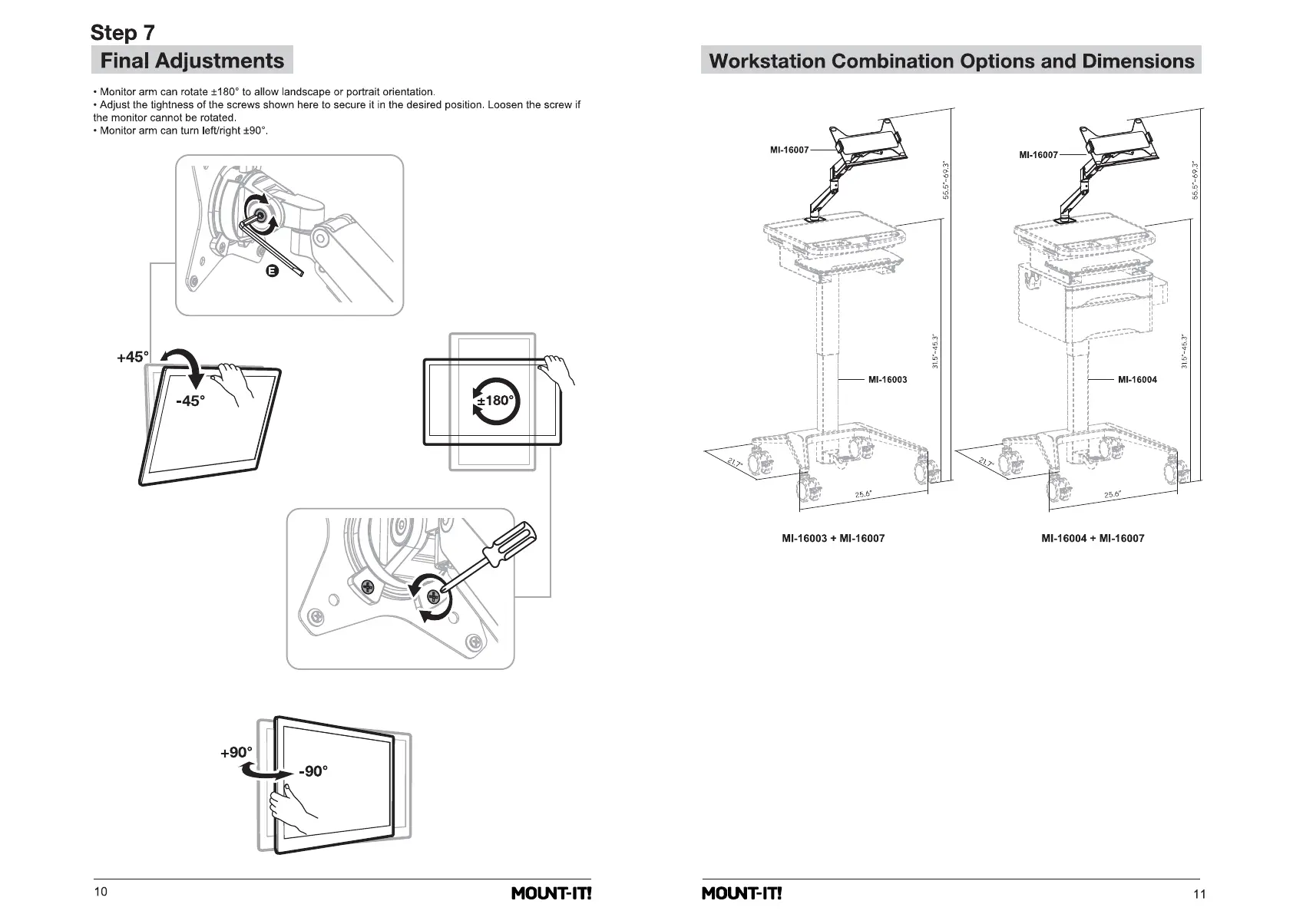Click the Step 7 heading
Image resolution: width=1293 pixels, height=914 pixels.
tap(122, 32)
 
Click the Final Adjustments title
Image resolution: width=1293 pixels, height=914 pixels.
tap(192, 61)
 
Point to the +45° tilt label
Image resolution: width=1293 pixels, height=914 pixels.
tap(132, 357)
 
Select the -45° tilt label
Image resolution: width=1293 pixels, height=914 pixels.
tap(190, 401)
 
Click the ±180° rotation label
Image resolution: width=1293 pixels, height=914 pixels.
tap(495, 401)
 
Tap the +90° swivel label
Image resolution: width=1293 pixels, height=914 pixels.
tap(236, 753)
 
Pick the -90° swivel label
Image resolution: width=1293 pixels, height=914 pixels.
tap(313, 771)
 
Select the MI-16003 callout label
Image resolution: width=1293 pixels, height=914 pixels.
tap(888, 380)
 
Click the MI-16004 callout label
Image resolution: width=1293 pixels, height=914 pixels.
tap(1137, 380)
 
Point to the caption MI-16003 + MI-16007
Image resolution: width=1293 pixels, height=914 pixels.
tap(833, 539)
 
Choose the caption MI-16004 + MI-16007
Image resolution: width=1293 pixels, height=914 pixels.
tap(1093, 539)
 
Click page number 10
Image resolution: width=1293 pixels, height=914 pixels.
tap(101, 892)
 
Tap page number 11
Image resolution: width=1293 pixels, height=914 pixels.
tap(1200, 893)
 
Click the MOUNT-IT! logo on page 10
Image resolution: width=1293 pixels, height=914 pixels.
tap(551, 893)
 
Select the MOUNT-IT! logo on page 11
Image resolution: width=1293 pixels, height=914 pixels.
tap(741, 893)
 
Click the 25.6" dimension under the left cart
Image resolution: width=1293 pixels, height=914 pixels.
tap(863, 494)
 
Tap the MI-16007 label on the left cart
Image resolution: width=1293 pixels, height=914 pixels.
tap(789, 150)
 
